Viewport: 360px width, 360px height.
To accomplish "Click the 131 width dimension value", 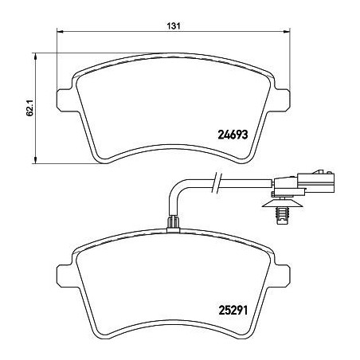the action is [174, 26].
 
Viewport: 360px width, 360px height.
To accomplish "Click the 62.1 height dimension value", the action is [29, 108].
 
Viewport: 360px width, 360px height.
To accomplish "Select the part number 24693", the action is [233, 135].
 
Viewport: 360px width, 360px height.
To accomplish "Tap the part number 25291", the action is [233, 310].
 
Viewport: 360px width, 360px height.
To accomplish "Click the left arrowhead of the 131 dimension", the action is [60, 32].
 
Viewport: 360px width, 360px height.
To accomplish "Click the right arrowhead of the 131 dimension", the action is [287, 32].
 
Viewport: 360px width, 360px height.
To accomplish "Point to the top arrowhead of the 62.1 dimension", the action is [35, 55].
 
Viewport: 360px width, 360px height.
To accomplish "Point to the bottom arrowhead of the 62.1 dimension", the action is [35, 161].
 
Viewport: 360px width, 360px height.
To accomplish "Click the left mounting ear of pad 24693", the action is [64, 100].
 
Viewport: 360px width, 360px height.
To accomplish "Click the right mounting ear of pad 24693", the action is [283, 100].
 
